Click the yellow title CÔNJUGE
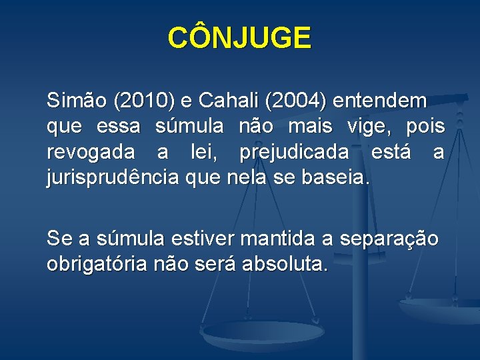[x=239, y=38]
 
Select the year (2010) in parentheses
[x=144, y=101]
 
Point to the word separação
[x=389, y=239]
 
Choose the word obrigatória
[x=97, y=265]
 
